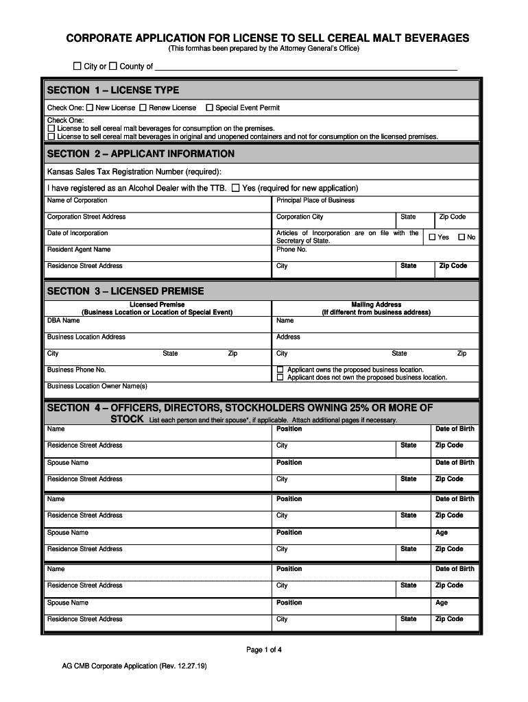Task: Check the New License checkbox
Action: point(90,108)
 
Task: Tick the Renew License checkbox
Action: point(143,108)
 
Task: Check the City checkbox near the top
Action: point(77,66)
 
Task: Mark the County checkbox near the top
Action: point(113,66)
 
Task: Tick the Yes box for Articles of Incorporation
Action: point(432,237)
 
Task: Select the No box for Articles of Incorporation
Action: point(461,237)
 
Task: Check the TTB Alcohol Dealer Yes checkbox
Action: point(236,188)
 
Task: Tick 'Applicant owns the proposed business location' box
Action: point(280,370)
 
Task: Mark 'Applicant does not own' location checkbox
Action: point(280,377)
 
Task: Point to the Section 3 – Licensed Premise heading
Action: point(125,291)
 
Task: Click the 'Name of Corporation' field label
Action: point(77,200)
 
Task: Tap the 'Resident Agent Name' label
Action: point(78,250)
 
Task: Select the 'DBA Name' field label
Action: point(63,320)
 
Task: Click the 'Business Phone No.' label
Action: point(76,370)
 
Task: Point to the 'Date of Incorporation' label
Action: point(77,233)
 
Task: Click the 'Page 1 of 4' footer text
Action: point(264,650)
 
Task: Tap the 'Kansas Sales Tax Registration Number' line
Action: point(134,171)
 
